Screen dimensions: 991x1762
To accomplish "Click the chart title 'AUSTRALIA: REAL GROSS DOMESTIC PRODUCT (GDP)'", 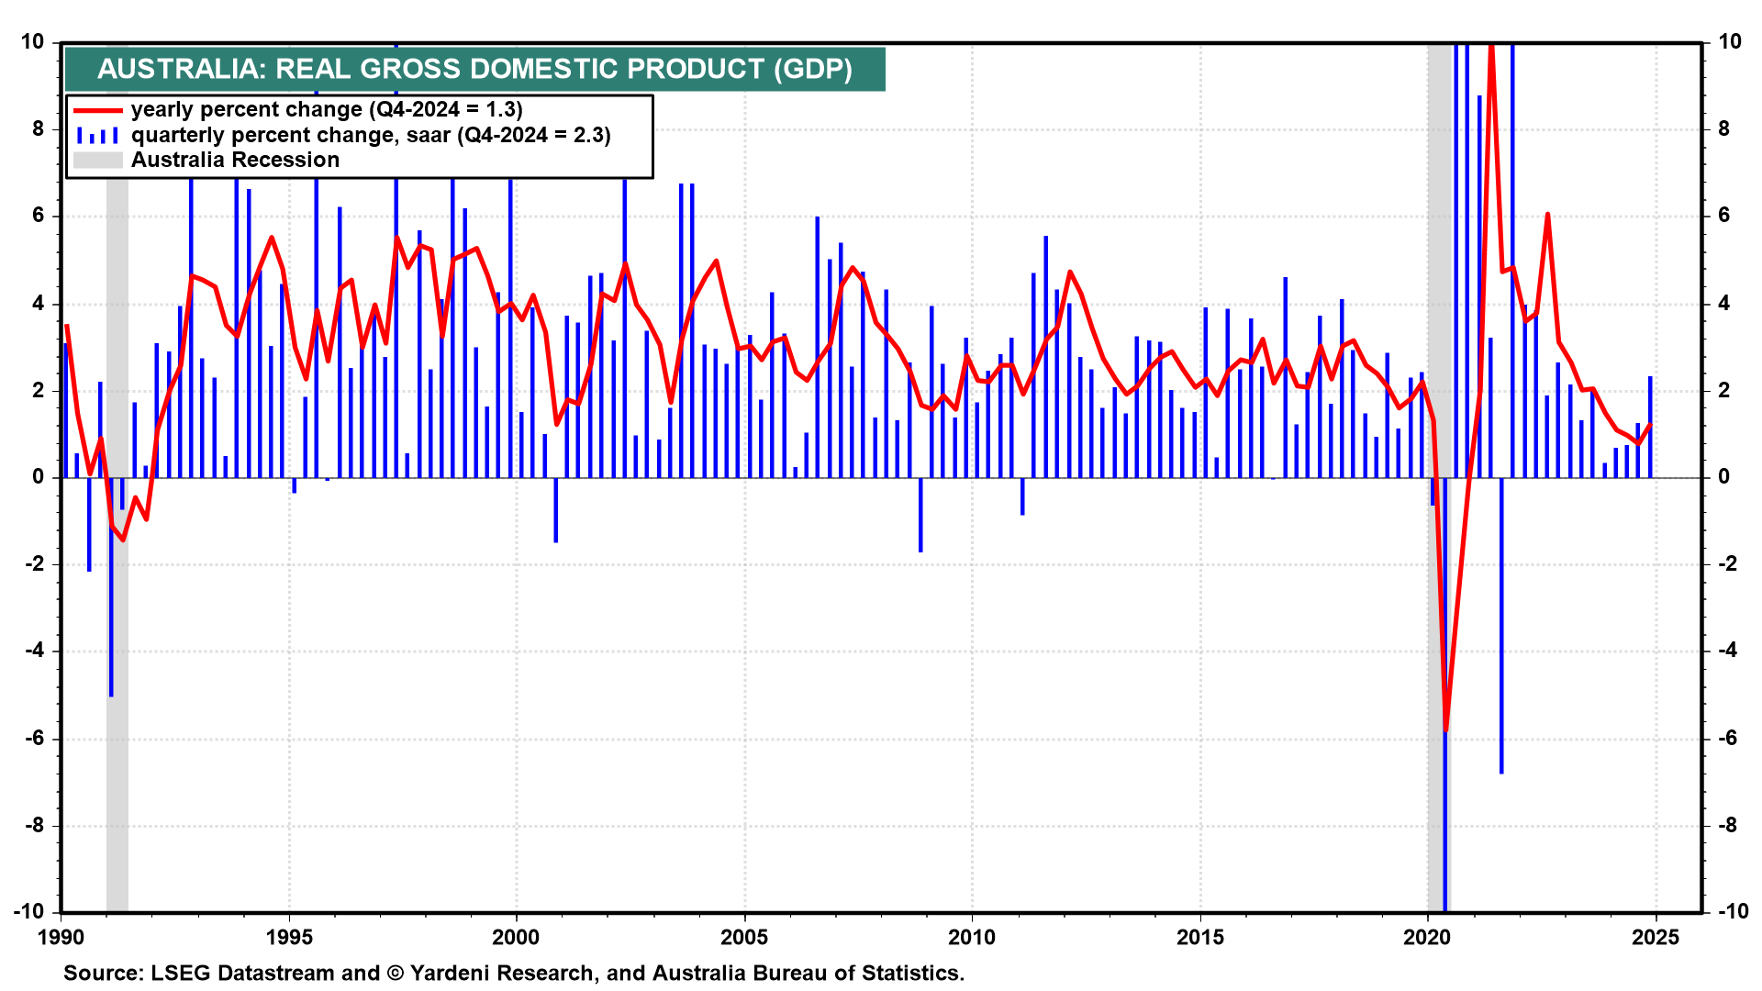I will click(x=474, y=69).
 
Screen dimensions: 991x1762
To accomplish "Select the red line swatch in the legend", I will click(x=97, y=110).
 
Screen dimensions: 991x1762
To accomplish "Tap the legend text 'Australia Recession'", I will click(x=235, y=160).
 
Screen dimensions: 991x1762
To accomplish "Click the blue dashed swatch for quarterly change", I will click(x=97, y=136).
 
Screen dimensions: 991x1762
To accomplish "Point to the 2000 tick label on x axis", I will click(x=516, y=937).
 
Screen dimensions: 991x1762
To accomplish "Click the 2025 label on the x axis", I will click(x=1656, y=937).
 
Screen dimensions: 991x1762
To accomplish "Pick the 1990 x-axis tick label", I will click(x=61, y=937).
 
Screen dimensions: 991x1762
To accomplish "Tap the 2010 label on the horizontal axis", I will click(x=972, y=937).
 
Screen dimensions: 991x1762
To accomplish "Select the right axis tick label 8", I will click(x=1723, y=128).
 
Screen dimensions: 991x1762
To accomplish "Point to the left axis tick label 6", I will click(x=38, y=216).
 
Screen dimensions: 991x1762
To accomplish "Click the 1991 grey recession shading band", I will click(x=117, y=734).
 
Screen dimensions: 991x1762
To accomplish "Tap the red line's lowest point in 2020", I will click(x=1445, y=729).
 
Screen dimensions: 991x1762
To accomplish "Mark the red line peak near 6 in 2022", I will click(x=1547, y=215).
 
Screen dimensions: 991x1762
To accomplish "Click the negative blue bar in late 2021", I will click(x=1501, y=642).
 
